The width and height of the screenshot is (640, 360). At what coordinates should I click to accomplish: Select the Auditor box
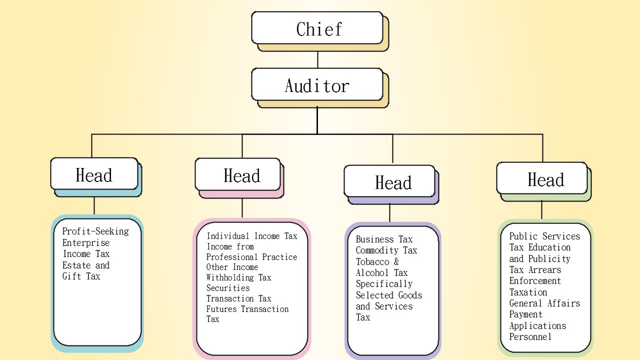pos(317,85)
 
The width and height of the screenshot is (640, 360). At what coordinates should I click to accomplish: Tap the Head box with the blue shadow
pos(94,174)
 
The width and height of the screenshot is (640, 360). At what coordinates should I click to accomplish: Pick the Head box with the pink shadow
pos(237,174)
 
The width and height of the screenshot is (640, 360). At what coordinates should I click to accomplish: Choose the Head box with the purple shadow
pos(389,181)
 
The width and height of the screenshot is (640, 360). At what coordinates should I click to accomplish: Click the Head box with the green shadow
pos(542,178)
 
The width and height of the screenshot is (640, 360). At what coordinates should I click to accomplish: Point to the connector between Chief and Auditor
pos(317,60)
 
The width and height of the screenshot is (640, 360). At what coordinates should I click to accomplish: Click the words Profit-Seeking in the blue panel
pos(95,231)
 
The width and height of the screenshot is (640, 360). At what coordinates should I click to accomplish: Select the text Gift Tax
pos(81,276)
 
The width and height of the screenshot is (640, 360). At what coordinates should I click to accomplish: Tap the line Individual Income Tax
pos(252,236)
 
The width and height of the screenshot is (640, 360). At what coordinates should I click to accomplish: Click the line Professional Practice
pos(251,257)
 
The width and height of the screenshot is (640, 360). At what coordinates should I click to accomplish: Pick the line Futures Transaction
pos(247,309)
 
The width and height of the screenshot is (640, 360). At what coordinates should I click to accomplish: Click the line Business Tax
pos(384,239)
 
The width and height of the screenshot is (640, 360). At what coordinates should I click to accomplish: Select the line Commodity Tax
pos(386,250)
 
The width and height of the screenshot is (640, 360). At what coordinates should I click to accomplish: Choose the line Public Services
pos(544,236)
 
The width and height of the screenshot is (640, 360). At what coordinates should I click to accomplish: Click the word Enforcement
pos(535,281)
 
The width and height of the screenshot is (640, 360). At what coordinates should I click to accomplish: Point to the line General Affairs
pos(544,303)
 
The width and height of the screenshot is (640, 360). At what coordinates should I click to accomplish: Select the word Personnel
pos(530,336)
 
